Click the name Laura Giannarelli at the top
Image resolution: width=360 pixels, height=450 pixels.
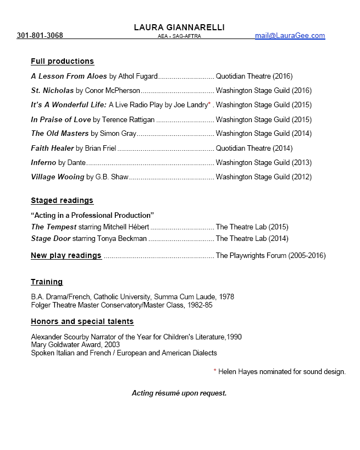179,28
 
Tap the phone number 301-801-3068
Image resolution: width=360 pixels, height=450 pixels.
40,36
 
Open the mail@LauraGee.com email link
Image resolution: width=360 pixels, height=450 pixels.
290,36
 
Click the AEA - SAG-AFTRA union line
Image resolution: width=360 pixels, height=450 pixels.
179,36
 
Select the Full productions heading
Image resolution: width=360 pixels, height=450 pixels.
63,61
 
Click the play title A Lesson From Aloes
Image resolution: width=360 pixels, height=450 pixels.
69,76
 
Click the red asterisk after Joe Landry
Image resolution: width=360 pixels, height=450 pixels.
209,104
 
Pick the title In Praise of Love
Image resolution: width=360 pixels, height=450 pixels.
61,119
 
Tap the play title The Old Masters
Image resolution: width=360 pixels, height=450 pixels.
60,133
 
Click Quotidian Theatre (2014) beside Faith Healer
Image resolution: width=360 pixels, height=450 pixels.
254,148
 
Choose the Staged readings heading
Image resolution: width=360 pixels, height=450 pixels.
62,200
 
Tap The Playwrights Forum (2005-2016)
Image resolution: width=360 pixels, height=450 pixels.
271,255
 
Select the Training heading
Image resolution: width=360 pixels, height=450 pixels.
47,282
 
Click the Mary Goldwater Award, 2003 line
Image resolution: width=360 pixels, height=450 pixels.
75,345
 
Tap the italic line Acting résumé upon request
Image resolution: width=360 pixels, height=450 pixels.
179,393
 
